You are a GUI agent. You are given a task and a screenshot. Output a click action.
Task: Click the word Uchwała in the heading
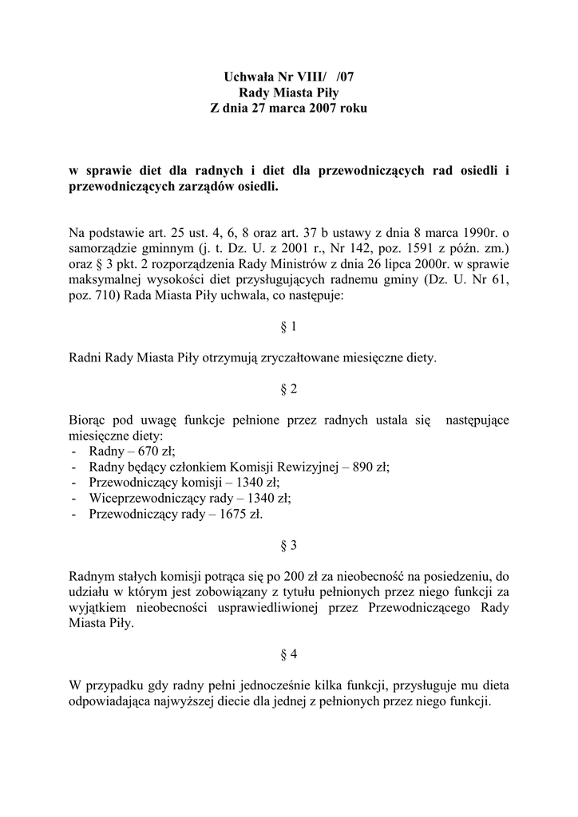pos(243,77)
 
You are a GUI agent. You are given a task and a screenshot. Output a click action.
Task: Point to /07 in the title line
pos(349,77)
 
